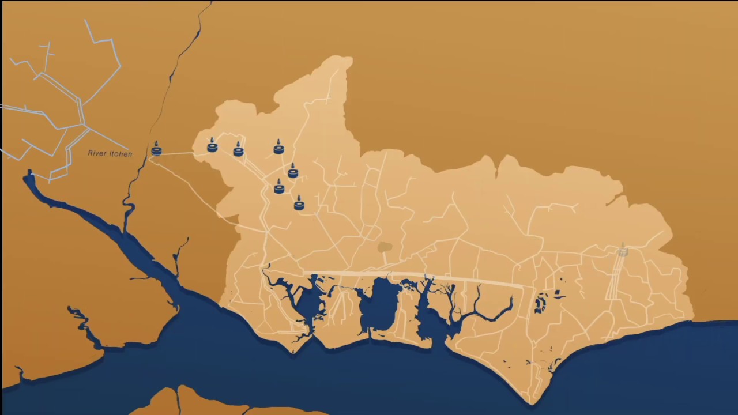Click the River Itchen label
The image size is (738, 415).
[x=110, y=154]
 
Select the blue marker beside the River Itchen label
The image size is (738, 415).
[x=156, y=150]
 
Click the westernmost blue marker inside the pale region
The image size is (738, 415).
[x=212, y=146]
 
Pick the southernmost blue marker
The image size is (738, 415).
[x=299, y=203]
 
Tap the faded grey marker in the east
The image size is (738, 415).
[x=623, y=251]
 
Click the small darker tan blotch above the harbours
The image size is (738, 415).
[x=385, y=247]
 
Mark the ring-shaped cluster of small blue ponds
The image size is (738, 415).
[x=540, y=303]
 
